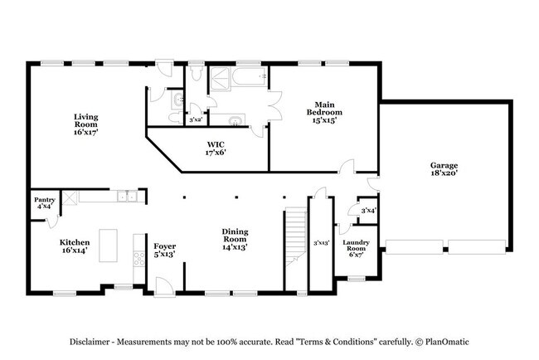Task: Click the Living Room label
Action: [86, 124]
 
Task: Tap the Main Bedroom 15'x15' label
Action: [324, 113]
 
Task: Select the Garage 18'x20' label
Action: [444, 169]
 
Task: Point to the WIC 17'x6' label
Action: [216, 148]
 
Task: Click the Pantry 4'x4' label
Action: [45, 203]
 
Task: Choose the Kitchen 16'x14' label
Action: [75, 246]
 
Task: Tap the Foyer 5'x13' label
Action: [165, 250]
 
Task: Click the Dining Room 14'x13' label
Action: [235, 239]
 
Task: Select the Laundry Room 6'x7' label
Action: [356, 248]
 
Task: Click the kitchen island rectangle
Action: [109, 246]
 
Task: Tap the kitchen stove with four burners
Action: [139, 259]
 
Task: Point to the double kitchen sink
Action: [127, 196]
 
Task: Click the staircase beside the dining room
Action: [296, 237]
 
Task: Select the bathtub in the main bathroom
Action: [250, 76]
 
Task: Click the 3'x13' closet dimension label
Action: [322, 243]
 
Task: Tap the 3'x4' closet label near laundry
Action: [368, 211]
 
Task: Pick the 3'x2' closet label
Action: [196, 119]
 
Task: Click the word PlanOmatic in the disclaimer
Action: [447, 342]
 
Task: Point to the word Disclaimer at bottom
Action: [90, 342]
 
